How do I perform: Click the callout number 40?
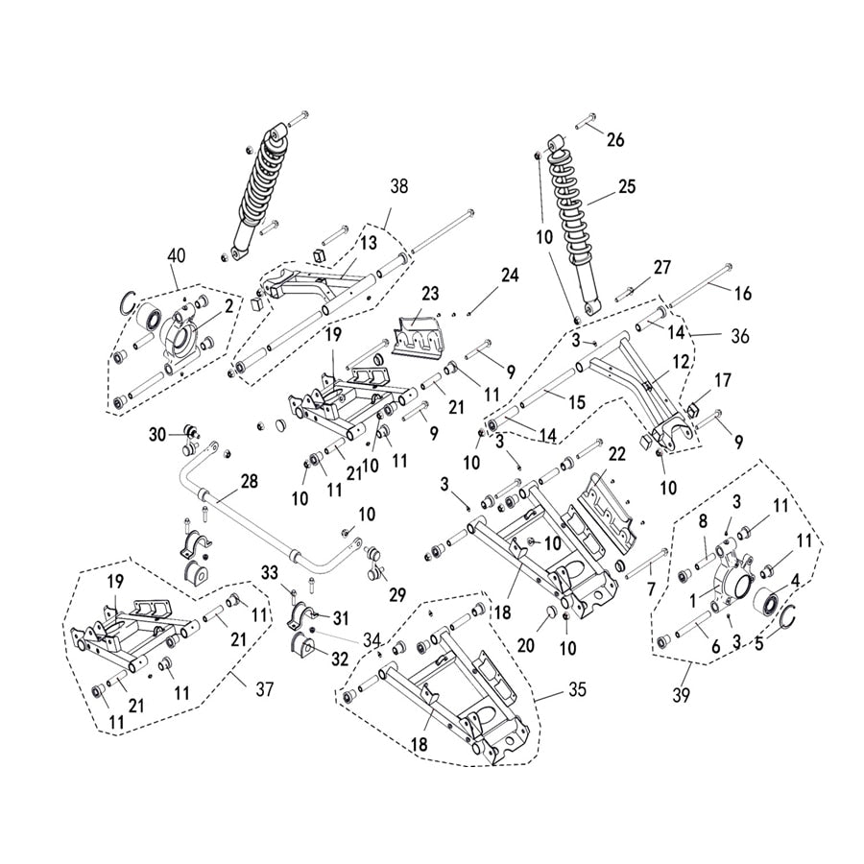(176, 255)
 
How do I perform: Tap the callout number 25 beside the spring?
(626, 186)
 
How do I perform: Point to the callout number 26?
(614, 140)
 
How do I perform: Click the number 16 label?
(743, 293)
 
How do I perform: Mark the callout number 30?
(157, 434)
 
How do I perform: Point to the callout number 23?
(429, 292)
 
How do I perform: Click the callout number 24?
(509, 276)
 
